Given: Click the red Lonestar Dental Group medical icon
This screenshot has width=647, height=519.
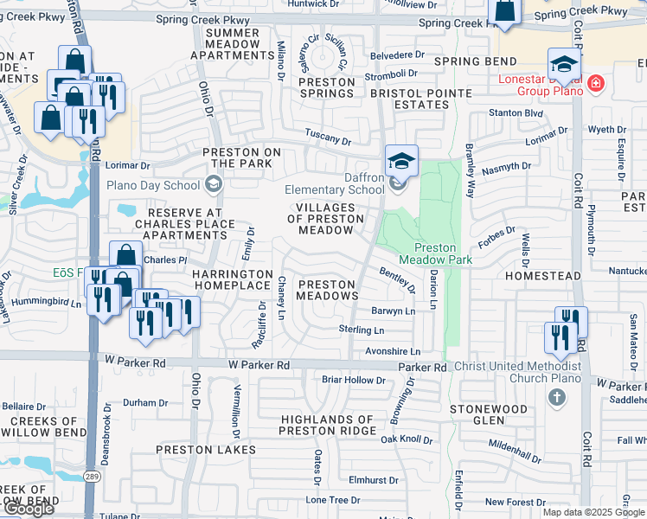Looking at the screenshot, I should coord(595,83).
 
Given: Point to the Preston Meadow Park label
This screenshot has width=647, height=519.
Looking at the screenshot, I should coord(427,253).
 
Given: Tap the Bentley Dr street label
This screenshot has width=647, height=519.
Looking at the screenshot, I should coord(398,279).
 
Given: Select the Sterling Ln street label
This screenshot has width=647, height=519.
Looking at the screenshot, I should coord(361,330).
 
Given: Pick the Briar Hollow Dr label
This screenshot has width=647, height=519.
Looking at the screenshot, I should coord(347,380).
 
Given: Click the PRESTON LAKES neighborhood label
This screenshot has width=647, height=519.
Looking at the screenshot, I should coord(206,450).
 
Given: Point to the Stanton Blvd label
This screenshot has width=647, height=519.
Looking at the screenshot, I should coord(516,112).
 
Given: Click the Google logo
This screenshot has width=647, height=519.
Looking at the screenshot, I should coord(29,509).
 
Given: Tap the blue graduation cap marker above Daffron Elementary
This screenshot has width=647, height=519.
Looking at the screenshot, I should coord(400,159).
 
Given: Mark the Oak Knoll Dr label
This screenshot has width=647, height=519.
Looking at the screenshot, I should coord(407,439).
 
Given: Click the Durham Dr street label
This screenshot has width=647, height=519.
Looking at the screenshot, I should coord(144,402).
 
